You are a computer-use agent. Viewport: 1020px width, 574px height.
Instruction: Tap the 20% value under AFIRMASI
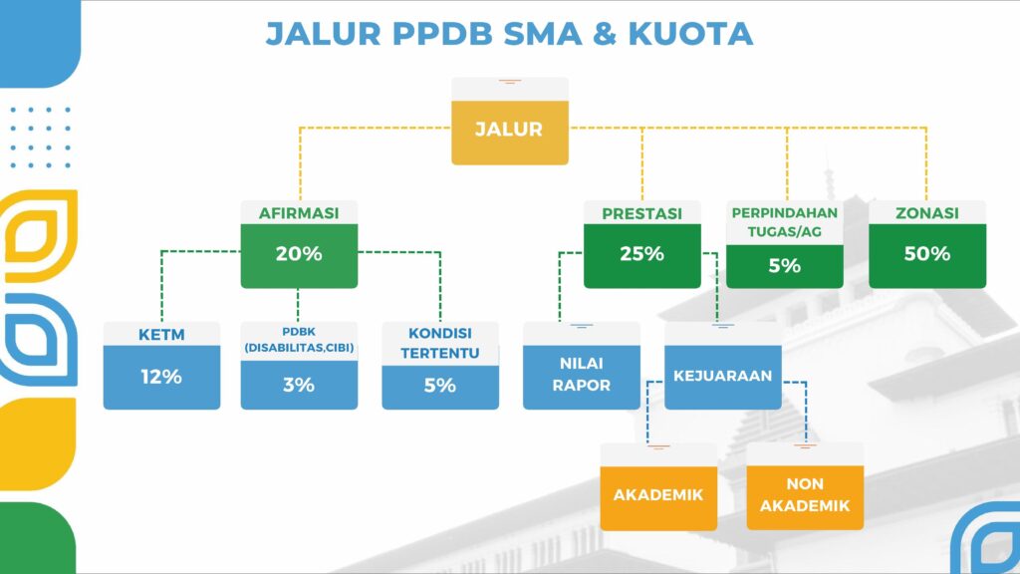point(299,254)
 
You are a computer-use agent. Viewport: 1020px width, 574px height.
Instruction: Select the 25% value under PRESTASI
point(642,254)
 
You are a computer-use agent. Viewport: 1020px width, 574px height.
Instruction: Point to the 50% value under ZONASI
point(927,254)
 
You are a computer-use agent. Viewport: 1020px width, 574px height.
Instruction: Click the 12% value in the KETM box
point(161,377)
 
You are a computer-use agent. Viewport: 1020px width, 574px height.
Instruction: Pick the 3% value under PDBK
point(299,385)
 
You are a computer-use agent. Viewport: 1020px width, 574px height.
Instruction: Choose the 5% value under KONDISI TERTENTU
point(439,386)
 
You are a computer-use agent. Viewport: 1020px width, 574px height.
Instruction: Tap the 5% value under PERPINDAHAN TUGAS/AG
point(785,265)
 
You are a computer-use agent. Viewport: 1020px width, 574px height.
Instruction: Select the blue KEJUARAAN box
point(723,377)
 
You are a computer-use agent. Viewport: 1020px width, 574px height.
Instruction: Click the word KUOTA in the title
point(690,34)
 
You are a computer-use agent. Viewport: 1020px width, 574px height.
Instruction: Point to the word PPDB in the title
point(443,34)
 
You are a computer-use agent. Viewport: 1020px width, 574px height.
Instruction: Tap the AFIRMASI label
point(299,213)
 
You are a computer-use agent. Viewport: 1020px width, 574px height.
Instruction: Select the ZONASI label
point(927,213)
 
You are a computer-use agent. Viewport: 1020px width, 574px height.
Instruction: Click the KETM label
point(161,335)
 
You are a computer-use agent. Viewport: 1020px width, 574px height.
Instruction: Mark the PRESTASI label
point(642,213)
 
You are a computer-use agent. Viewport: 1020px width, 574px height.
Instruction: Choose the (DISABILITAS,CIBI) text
point(299,348)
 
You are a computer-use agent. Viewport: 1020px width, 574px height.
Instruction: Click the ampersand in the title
point(605,34)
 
